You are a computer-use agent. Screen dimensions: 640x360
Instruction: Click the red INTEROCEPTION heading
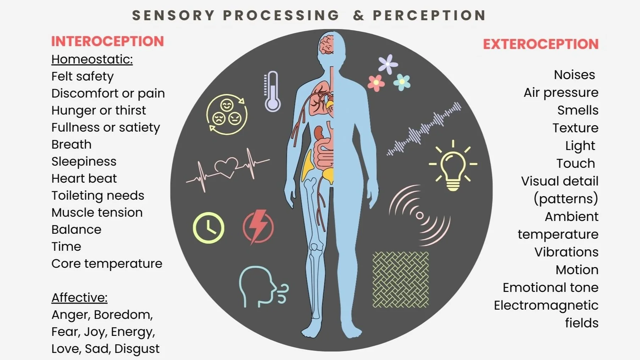pyautogui.click(x=107, y=41)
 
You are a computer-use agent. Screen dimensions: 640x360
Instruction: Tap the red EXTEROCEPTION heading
pyautogui.click(x=541, y=44)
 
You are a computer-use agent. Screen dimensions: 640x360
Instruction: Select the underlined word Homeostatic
pyautogui.click(x=92, y=59)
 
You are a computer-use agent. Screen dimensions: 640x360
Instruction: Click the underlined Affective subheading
pyautogui.click(x=79, y=298)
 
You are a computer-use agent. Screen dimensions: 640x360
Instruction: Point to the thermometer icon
pyautogui.click(x=272, y=92)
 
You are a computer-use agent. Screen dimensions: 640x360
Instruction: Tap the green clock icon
pyautogui.click(x=208, y=228)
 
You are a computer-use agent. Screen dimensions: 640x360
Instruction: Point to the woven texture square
pyautogui.click(x=401, y=279)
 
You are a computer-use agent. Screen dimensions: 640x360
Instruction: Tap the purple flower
pyautogui.click(x=388, y=64)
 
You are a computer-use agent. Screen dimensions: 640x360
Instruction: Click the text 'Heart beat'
pyautogui.click(x=84, y=178)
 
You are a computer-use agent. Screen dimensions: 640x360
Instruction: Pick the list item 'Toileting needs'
pyautogui.click(x=98, y=195)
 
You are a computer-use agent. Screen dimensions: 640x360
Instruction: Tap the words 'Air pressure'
pyautogui.click(x=561, y=93)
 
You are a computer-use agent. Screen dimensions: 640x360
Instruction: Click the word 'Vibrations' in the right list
pyautogui.click(x=566, y=252)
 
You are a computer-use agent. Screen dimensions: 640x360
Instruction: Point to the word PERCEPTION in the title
pyautogui.click(x=429, y=15)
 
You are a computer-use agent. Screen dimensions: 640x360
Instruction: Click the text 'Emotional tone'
pyautogui.click(x=550, y=288)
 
